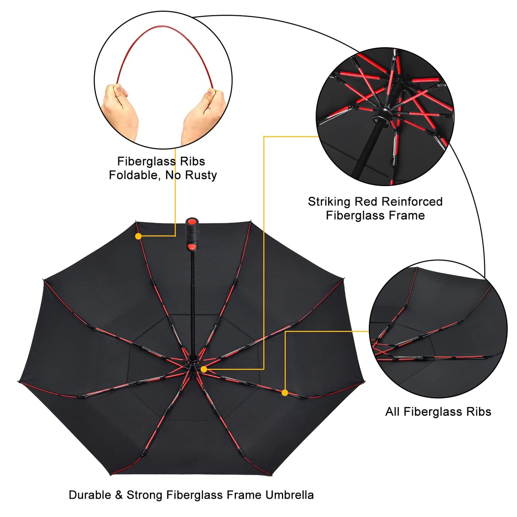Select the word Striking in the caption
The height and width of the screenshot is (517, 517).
click(329, 202)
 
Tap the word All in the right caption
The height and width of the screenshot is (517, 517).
click(392, 412)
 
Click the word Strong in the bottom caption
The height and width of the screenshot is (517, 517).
click(145, 495)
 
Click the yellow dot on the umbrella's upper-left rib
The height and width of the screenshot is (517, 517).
click(138, 236)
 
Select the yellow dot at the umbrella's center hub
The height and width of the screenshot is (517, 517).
click(204, 369)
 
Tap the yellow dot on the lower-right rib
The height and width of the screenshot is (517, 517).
click(285, 393)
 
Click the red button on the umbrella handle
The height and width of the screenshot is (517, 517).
click(192, 247)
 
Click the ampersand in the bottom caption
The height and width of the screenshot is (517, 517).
click(118, 495)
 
